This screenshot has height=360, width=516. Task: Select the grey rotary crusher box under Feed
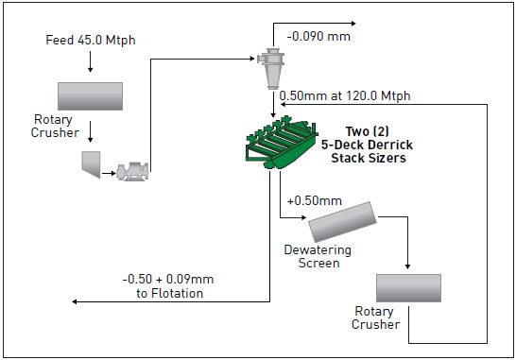click(90, 96)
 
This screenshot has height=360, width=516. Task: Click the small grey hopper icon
click(93, 163)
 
